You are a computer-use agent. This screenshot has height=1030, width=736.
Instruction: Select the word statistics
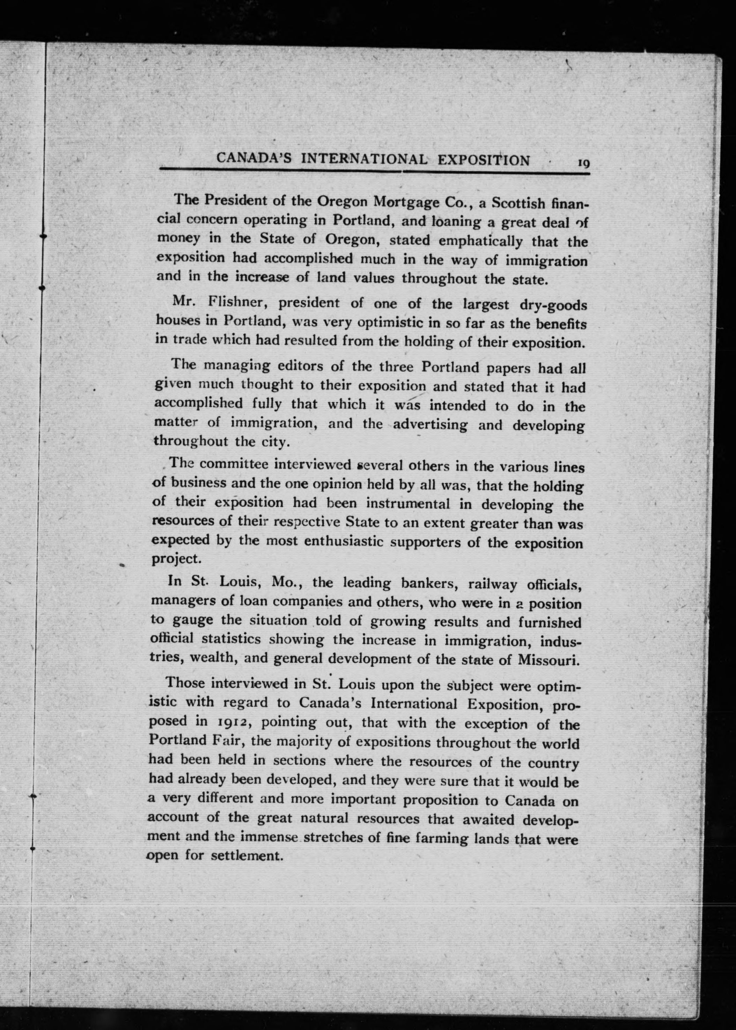pyautogui.click(x=231, y=639)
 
